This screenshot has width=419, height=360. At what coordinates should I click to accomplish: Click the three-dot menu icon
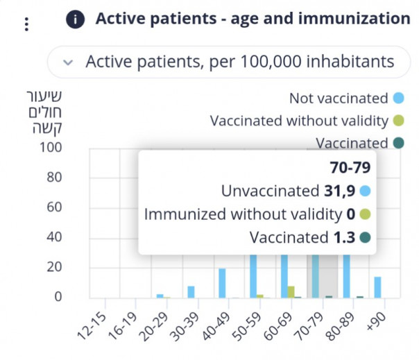(26, 24)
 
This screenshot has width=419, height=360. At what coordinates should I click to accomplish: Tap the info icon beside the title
(76, 19)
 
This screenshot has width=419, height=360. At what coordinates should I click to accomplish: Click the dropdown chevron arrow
(67, 62)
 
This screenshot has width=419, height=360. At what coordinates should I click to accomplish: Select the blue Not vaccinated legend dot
(398, 98)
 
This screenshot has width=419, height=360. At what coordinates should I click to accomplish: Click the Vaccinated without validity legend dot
(398, 121)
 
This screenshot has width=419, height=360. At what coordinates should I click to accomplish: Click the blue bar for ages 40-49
(222, 283)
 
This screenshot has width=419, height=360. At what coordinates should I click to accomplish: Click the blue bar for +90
(378, 287)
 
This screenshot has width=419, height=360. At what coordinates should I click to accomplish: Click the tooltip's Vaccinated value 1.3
(341, 238)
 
